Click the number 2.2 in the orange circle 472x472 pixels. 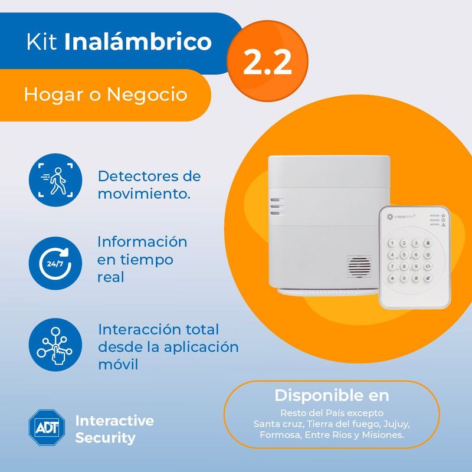267,62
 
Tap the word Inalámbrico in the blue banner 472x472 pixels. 138,41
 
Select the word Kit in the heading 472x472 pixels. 41,41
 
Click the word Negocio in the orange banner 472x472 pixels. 147,94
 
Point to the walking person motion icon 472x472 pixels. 55,180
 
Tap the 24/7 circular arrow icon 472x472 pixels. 55,263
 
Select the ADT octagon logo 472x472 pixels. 47,427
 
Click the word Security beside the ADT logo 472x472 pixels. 106,438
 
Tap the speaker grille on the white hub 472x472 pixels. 359,267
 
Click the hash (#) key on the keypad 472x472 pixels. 416,278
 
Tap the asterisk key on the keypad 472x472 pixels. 392,278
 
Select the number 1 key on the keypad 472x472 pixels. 392,243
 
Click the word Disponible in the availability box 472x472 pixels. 313,395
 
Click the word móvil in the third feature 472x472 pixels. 118,365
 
